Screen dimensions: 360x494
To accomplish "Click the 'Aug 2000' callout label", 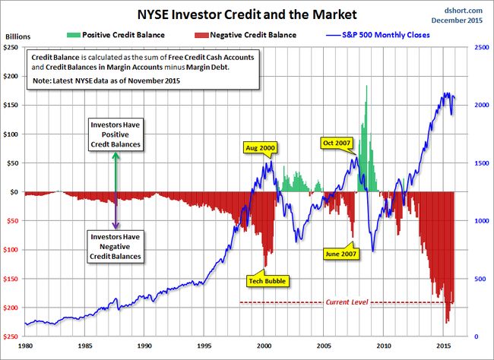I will (x=259, y=147).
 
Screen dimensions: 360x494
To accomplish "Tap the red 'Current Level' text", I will (x=347, y=302).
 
